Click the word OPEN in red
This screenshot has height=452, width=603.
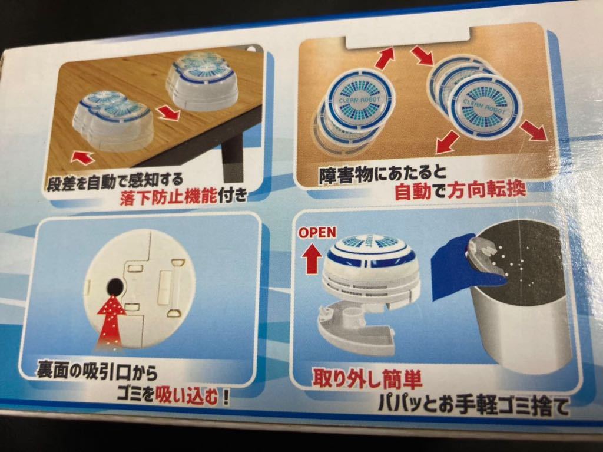pos(317,232)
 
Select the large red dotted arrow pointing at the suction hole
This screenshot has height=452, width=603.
pos(111,322)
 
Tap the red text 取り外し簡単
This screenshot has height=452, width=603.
pos(367,379)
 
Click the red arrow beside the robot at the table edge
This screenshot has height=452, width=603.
pos(169,112)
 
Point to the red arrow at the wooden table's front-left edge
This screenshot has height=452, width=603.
pos(82,157)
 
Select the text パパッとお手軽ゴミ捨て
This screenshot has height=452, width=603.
pos(473,406)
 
